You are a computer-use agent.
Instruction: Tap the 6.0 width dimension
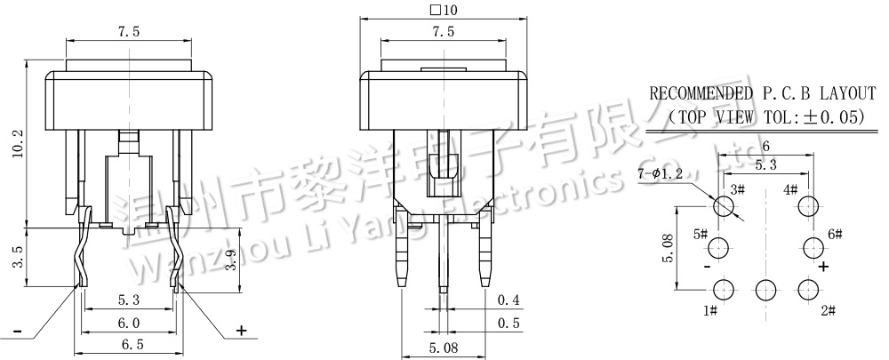click(129, 323)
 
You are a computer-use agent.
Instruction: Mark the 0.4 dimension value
click(509, 299)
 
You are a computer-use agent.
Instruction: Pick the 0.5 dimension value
click(509, 323)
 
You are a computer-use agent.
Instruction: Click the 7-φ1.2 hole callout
click(659, 172)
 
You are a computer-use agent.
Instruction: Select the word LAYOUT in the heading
click(839, 93)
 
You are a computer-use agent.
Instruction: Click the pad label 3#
click(737, 189)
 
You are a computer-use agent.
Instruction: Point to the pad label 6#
click(835, 234)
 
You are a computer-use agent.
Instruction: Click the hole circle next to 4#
click(808, 207)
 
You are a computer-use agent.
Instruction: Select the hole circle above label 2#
click(808, 288)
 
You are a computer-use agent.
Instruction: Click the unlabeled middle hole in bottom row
click(765, 288)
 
